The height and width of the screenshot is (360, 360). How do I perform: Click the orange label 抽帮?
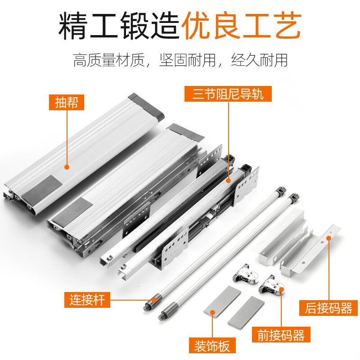(x=67, y=102)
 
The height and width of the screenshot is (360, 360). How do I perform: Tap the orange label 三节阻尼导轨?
(x=228, y=94)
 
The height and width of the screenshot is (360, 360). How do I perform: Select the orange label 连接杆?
(x=87, y=300)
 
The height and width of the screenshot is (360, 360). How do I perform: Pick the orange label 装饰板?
(x=212, y=346)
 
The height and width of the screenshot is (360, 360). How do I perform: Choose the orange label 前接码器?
(x=281, y=334)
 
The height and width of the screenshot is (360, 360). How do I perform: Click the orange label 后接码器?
(x=328, y=308)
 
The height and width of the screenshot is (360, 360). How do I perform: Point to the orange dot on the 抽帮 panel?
(x=67, y=167)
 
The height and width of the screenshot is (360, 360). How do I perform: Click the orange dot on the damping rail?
(x=228, y=180)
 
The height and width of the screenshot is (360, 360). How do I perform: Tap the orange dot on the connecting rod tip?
(x=154, y=299)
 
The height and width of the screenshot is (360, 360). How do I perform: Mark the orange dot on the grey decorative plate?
(x=212, y=312)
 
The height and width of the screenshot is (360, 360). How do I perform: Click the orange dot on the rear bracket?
(x=329, y=238)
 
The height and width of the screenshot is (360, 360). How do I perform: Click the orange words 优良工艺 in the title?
(x=241, y=27)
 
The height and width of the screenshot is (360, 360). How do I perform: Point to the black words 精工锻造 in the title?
(x=119, y=27)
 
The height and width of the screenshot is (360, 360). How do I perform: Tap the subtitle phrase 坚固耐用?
(x=187, y=60)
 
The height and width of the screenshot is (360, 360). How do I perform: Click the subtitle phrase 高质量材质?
(x=109, y=60)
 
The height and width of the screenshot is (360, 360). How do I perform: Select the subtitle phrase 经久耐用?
(x=259, y=60)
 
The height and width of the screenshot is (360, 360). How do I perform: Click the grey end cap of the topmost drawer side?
(x=146, y=107)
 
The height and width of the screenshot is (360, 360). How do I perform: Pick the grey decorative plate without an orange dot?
(x=246, y=311)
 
